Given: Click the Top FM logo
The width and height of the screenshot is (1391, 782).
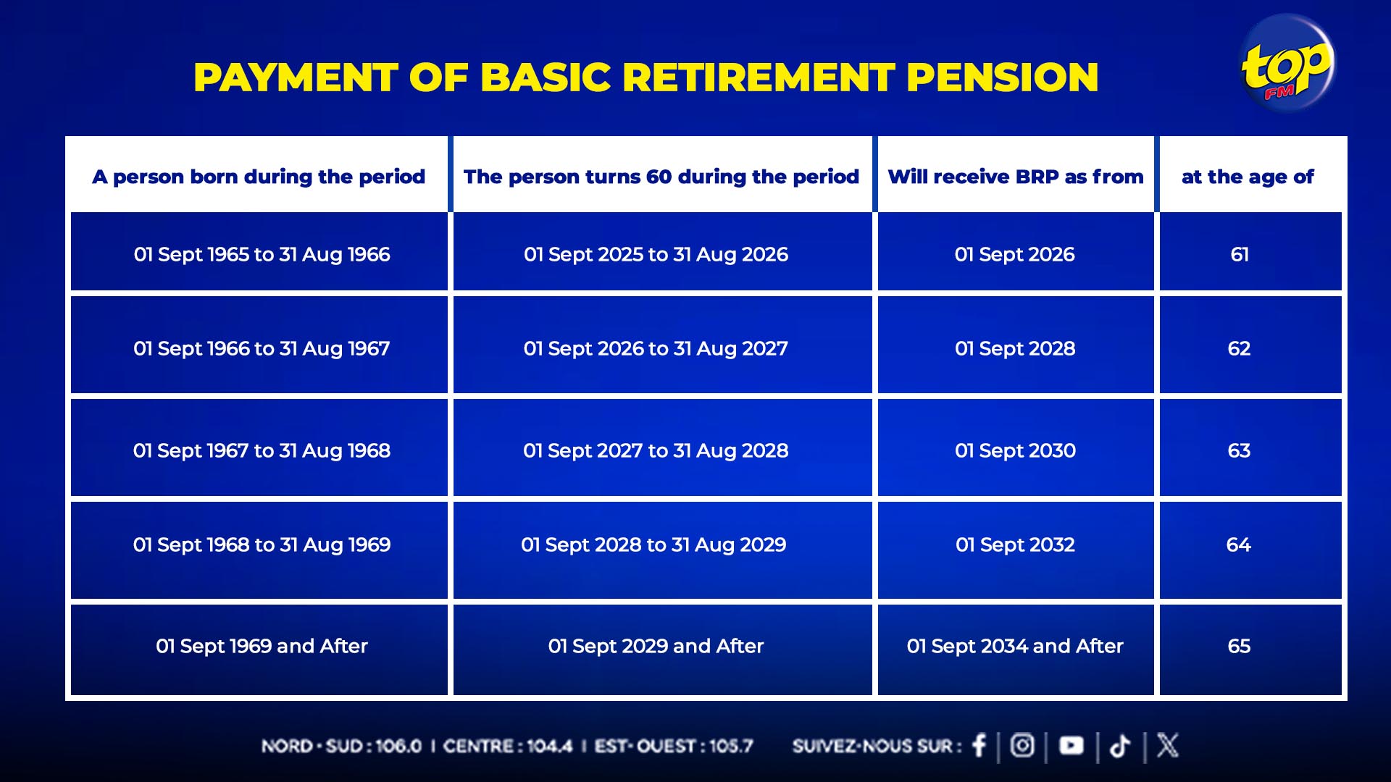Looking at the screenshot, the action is tap(1287, 64).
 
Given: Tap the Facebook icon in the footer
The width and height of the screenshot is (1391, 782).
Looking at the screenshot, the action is tap(979, 745).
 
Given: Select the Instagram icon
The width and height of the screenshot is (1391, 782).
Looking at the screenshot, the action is tap(1022, 745).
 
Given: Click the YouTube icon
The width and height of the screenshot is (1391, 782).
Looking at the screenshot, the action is tap(1072, 745).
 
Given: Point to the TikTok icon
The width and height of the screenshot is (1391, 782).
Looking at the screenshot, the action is tap(1120, 746).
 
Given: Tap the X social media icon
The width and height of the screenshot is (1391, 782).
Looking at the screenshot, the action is tap(1167, 745).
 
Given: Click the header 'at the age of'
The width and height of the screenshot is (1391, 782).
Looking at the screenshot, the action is tap(1248, 177).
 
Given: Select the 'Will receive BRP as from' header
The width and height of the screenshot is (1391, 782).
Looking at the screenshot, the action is tap(1016, 177).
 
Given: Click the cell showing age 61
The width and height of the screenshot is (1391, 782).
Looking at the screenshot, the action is tap(1240, 254).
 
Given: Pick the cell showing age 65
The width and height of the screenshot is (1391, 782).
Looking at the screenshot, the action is tap(1240, 646).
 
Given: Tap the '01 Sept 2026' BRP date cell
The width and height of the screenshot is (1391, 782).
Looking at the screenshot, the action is tap(1015, 254).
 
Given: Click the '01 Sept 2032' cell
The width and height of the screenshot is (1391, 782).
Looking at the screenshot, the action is tap(1015, 545).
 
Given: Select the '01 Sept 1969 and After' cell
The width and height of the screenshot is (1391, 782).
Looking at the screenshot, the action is tap(262, 646).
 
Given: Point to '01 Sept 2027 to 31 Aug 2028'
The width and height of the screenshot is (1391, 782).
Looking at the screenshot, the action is tap(656, 450).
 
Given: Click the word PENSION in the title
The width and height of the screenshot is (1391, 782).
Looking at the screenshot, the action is tap(1003, 77).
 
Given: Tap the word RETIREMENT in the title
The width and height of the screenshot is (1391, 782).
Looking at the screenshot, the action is tap(759, 77).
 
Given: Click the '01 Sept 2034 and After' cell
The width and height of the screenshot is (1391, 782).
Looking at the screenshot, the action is tap(1015, 646).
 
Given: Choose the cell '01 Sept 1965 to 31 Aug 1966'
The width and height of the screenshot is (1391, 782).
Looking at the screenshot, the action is tap(262, 254).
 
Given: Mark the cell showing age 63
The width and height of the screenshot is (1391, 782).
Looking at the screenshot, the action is tap(1240, 450).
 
